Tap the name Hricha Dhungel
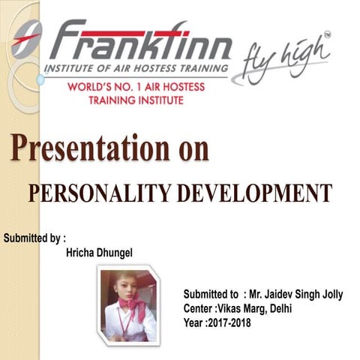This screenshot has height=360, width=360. pyautogui.click(x=99, y=253)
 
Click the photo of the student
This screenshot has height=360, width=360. pyautogui.click(x=128, y=304)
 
